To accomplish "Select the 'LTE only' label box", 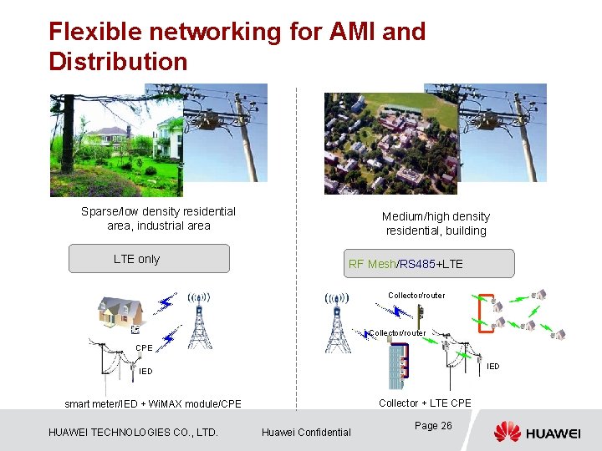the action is [148, 259].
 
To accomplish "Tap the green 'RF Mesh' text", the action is [371, 264].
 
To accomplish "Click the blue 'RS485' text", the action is [416, 264].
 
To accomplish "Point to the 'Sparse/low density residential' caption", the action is [158, 211].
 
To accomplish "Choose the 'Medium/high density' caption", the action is [436, 216].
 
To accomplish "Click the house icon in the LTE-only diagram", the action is [120, 313].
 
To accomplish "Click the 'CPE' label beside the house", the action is [144, 347].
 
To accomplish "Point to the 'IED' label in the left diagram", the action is [145, 371].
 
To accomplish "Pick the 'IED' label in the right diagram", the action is [493, 366].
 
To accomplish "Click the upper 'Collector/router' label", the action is [416, 295].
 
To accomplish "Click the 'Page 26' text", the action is [433, 426].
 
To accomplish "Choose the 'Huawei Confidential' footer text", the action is [306, 432].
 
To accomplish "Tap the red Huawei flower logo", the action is [507, 432].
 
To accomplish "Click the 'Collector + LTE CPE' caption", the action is [425, 403].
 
